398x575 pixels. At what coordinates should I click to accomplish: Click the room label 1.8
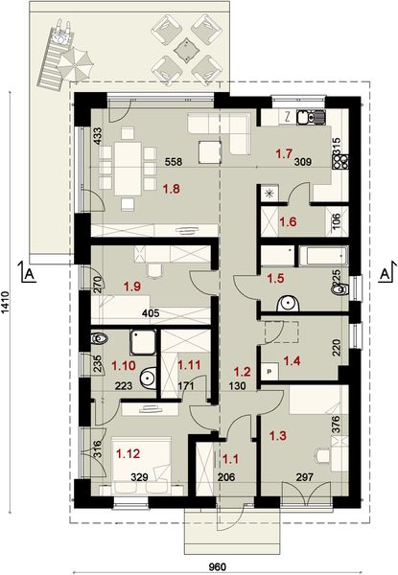click(x=172, y=189)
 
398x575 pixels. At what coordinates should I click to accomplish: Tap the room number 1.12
click(x=128, y=453)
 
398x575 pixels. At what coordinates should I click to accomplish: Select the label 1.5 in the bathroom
click(x=275, y=278)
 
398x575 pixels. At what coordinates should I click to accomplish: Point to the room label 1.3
click(x=278, y=436)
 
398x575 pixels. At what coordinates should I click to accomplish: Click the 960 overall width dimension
click(x=218, y=566)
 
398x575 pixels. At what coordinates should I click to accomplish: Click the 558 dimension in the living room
click(x=174, y=161)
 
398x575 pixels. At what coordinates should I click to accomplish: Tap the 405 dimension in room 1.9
click(x=151, y=313)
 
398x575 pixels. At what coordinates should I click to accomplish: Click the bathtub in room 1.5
click(x=322, y=256)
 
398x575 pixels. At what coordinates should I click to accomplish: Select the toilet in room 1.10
click(x=99, y=338)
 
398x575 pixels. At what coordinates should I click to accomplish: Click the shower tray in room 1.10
click(x=143, y=342)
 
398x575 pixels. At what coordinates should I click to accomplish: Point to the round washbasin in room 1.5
click(x=288, y=304)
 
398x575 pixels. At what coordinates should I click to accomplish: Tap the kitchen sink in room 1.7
click(x=311, y=117)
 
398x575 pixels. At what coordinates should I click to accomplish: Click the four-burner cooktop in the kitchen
click(x=340, y=162)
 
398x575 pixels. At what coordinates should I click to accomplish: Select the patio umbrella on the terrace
click(x=75, y=64)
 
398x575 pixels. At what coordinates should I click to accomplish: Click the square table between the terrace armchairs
click(x=187, y=49)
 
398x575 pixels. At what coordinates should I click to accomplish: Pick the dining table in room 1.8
click(x=128, y=169)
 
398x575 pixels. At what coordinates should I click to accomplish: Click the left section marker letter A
click(x=31, y=273)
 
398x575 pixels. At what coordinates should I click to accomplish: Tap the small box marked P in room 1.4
click(x=269, y=371)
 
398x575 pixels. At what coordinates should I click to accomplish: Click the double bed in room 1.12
click(x=141, y=464)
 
